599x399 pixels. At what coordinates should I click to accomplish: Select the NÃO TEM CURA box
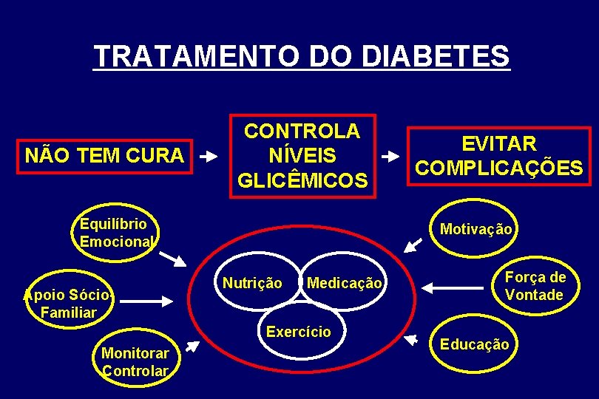104,156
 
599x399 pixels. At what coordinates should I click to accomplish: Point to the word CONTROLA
302,132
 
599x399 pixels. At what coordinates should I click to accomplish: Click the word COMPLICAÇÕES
499,168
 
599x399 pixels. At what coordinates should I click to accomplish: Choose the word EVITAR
499,143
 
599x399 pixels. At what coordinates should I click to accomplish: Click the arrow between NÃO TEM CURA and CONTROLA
210,157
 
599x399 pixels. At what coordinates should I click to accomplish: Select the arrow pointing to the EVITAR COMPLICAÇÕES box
390,157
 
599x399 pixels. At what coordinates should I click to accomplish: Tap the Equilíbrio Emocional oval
114,233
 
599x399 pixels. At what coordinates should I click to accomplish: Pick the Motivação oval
475,229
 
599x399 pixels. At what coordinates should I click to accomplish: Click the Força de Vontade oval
535,286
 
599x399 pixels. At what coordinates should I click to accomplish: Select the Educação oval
474,344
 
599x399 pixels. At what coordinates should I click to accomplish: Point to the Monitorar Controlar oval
135,361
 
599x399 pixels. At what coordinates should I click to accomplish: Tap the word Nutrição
252,283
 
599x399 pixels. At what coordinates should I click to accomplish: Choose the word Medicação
344,283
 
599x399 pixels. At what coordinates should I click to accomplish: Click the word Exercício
299,332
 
